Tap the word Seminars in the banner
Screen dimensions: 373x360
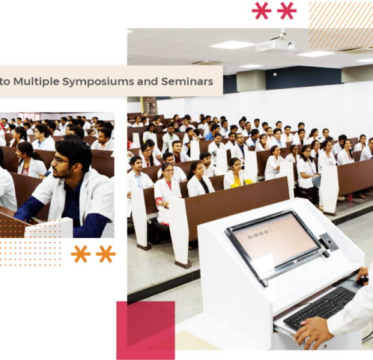(x=187, y=81)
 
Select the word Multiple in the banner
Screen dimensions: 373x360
(x=37, y=82)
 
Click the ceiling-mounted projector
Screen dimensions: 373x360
(x=277, y=43)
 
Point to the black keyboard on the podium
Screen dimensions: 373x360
(x=319, y=307)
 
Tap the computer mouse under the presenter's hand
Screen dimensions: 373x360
(x=361, y=281)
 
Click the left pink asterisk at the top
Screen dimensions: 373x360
(x=262, y=11)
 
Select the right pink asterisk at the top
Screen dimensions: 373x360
(x=287, y=11)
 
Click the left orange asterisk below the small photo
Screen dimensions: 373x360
(x=80, y=254)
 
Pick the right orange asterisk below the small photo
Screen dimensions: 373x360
(x=105, y=254)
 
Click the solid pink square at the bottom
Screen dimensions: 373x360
(x=145, y=330)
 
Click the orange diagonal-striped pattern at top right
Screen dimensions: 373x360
(x=341, y=24)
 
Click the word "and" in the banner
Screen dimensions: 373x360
(x=147, y=81)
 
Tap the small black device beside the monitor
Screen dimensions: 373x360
(x=329, y=242)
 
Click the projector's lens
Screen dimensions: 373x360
(x=291, y=46)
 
